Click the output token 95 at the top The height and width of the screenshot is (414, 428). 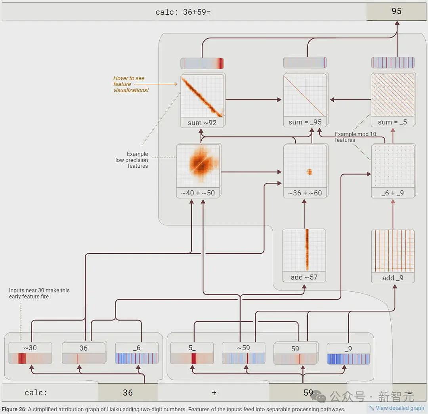[396, 11]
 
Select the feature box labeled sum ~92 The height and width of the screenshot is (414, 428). [202, 101]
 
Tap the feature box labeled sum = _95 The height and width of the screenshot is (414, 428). [305, 100]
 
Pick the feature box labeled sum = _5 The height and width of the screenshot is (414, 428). [393, 100]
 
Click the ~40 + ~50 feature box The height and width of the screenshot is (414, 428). [199, 171]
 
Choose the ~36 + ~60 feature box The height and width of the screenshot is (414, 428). [306, 171]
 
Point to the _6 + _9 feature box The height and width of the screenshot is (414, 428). [393, 171]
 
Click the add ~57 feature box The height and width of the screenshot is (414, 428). [304, 255]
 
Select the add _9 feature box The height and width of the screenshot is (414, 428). [393, 256]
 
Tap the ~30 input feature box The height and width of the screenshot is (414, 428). [30, 353]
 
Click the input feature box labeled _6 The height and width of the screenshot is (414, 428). [137, 353]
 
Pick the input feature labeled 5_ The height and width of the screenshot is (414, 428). [192, 353]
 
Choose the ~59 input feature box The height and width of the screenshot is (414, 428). [243, 353]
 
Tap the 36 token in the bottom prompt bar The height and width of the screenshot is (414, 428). [128, 393]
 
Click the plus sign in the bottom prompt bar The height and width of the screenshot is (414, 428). [214, 393]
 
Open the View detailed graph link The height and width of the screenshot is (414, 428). [397, 408]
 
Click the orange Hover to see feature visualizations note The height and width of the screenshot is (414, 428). [131, 84]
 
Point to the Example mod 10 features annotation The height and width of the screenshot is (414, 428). [355, 137]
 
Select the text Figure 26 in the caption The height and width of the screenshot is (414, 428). [13, 409]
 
